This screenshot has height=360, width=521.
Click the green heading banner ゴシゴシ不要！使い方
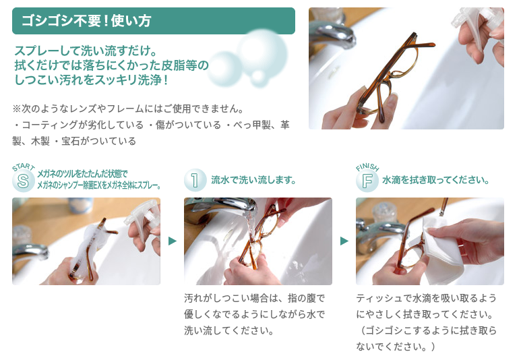[154, 21]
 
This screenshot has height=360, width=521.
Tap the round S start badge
[24, 181]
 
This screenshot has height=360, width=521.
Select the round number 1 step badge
[195, 180]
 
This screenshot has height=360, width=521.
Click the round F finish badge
[367, 181]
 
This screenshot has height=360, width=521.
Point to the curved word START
[24, 167]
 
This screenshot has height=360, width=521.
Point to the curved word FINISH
[367, 167]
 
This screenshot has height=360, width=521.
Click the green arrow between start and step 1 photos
[173, 241]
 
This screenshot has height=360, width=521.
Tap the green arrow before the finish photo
[344, 241]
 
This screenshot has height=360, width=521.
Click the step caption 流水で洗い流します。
[253, 180]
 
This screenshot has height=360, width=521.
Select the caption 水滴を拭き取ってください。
[435, 180]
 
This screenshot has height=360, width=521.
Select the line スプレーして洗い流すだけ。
[86, 51]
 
